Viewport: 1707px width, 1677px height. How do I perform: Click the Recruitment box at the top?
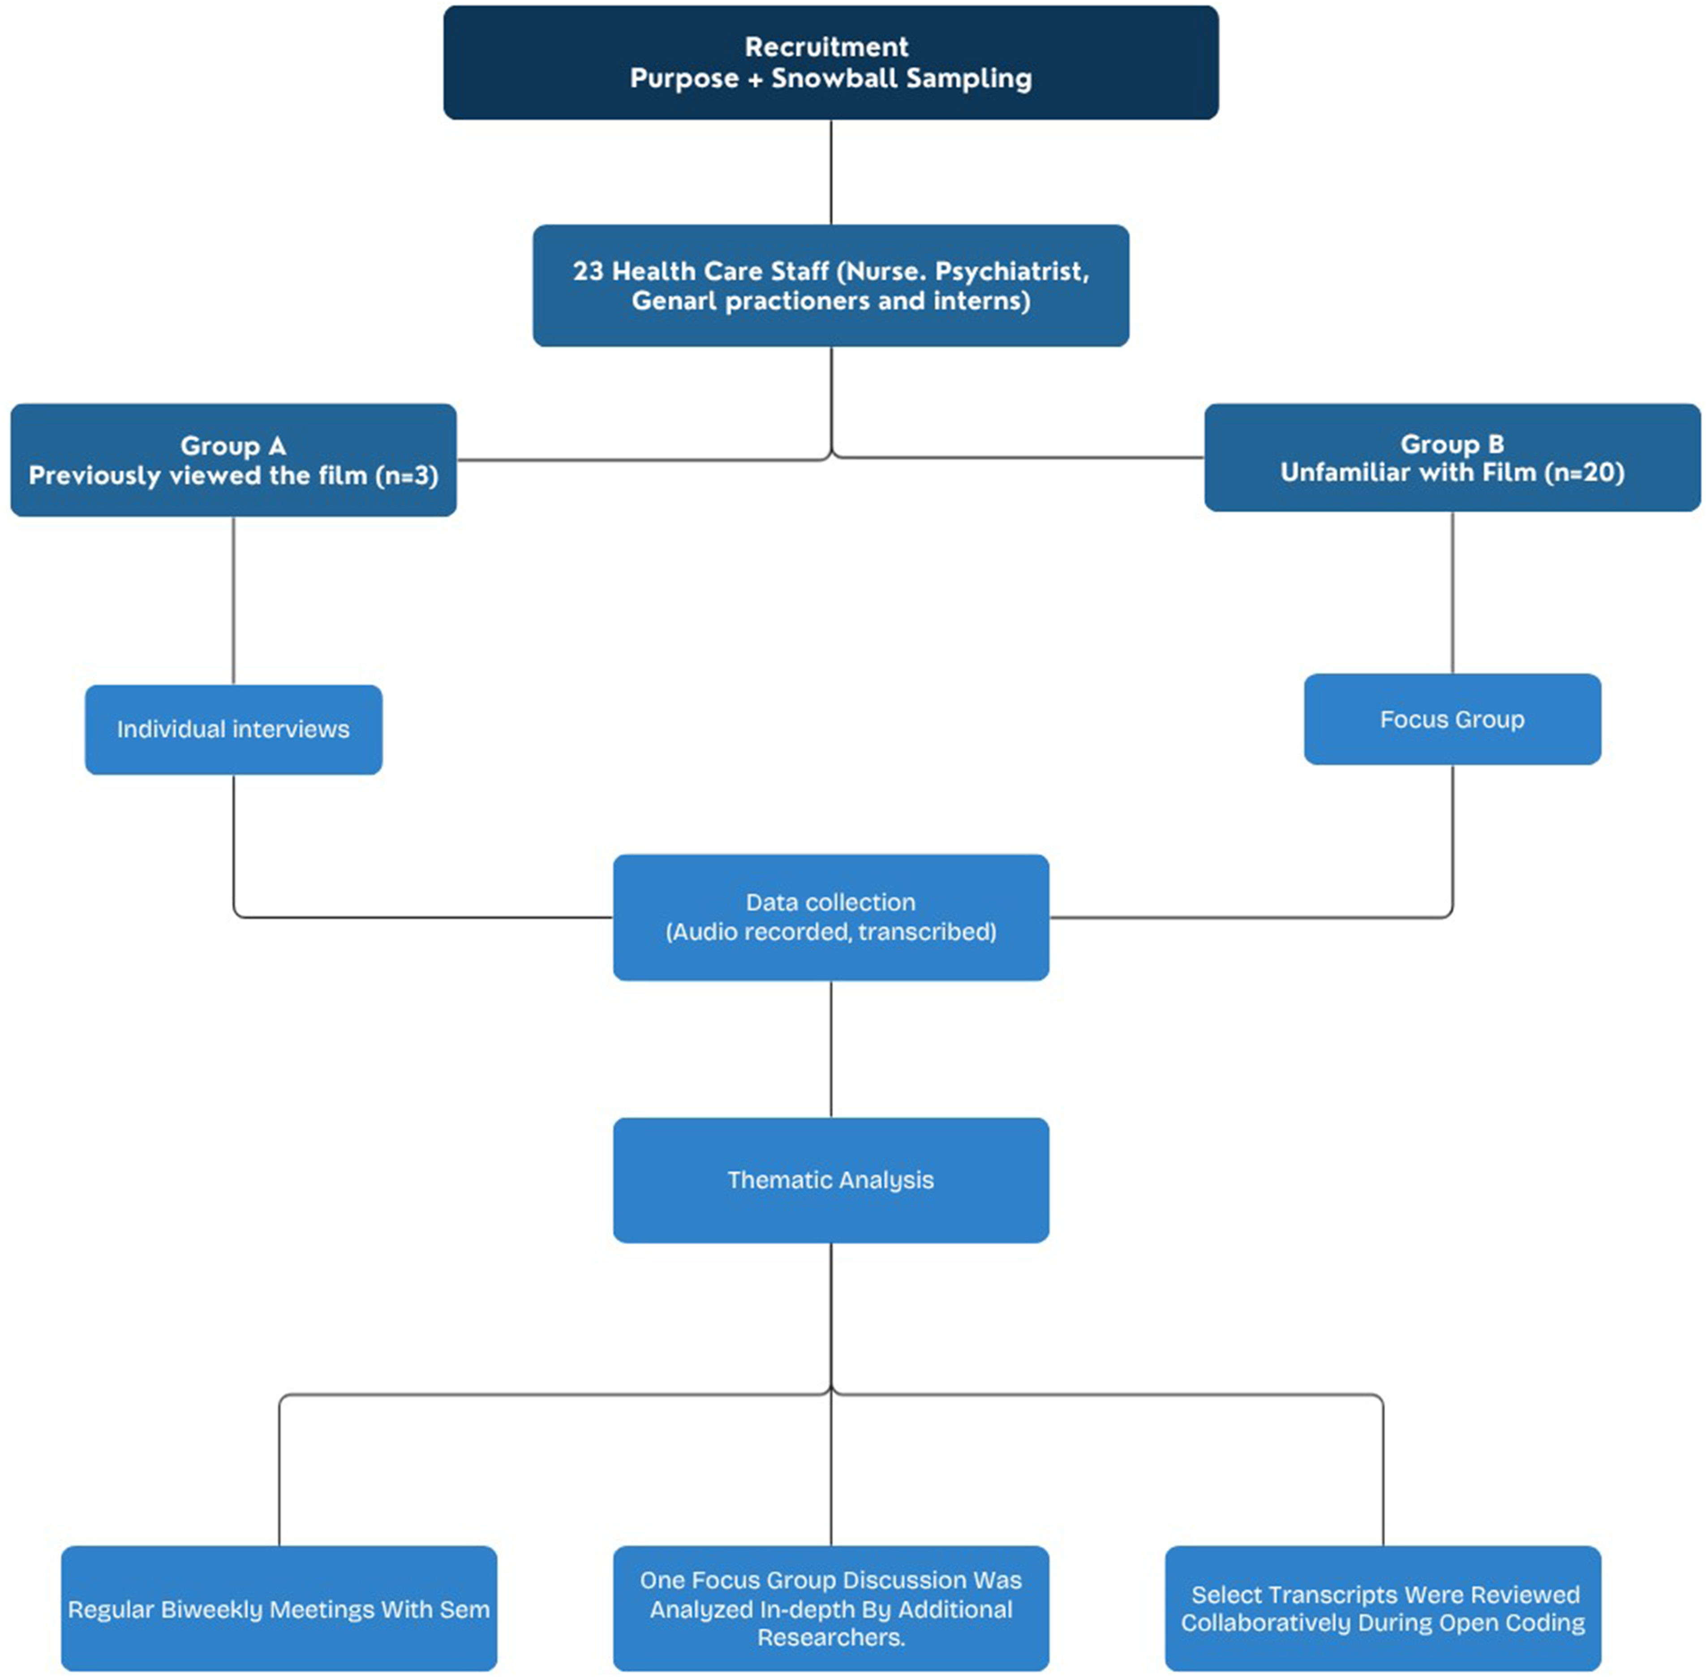[830, 63]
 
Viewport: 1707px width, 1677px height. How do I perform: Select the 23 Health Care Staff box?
[830, 285]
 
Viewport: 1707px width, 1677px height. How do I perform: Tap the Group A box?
[233, 460]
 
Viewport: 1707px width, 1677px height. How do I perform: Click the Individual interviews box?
[233, 729]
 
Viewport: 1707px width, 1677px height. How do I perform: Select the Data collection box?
[830, 917]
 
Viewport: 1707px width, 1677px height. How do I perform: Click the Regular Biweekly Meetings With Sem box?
[279, 1608]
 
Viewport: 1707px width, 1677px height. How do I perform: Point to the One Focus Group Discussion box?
[830, 1608]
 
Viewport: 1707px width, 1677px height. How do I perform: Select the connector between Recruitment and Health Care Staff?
[830, 172]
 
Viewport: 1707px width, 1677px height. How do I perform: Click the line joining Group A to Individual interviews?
[233, 601]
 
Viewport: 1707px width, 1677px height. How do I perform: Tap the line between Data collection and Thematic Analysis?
[830, 1049]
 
